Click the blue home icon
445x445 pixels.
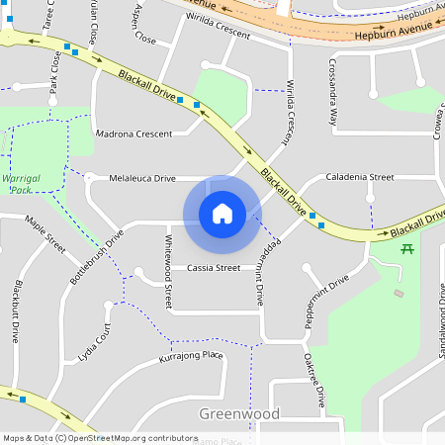coord(222,213)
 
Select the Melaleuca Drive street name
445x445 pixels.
coord(142,178)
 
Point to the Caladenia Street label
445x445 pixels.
coord(360,177)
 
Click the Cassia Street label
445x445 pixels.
coord(214,268)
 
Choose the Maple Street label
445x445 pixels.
coord(44,234)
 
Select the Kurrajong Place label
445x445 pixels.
coord(191,357)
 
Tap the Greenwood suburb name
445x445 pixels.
coord(239,413)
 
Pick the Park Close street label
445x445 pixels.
coord(53,73)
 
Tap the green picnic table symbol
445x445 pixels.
coord(406,247)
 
